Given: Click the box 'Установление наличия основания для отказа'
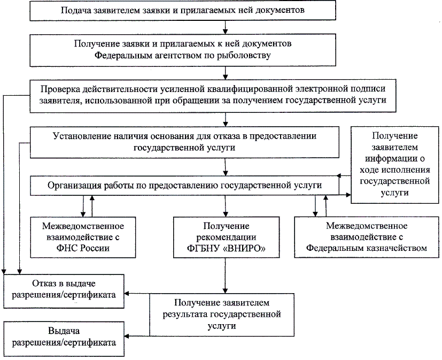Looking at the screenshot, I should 184,142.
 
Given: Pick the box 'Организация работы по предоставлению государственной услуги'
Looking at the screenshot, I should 184,185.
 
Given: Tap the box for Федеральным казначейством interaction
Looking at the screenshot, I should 367,236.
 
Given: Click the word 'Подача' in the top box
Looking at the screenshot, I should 74,11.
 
